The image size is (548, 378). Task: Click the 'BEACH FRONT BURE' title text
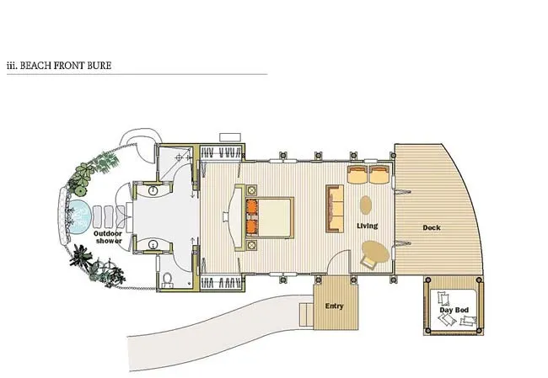tap(66, 66)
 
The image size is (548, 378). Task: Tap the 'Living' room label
tap(367, 226)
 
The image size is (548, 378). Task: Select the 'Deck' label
tap(432, 227)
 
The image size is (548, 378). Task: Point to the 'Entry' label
tap(335, 306)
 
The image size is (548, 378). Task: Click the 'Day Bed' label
tap(454, 310)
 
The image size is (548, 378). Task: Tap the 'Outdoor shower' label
tap(108, 237)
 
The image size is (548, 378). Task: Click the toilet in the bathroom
tap(168, 280)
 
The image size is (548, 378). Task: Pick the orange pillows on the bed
tap(251, 216)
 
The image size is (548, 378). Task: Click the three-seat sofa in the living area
tap(335, 209)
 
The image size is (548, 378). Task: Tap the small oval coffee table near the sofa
tap(366, 205)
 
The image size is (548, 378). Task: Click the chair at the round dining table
tap(368, 262)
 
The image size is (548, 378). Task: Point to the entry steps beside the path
tap(306, 315)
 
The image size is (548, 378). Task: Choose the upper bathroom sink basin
tap(153, 190)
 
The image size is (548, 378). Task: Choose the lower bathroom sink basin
tap(153, 244)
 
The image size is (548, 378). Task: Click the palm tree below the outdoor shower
tap(81, 258)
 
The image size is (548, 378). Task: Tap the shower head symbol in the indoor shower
tap(180, 157)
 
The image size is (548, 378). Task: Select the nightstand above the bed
tap(251, 191)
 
